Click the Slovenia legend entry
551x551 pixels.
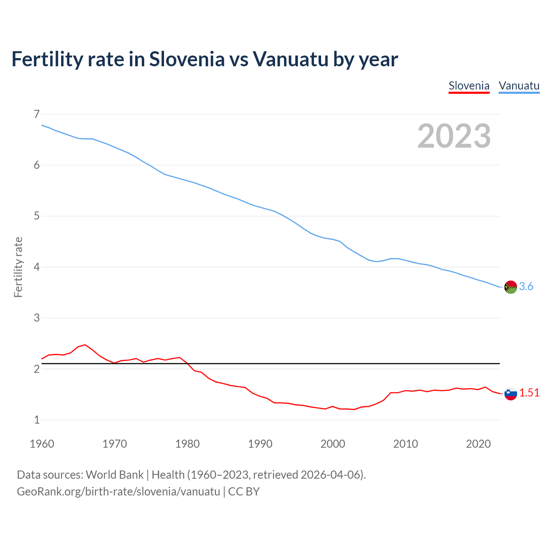[x=469, y=86]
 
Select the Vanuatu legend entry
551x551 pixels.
[x=519, y=86]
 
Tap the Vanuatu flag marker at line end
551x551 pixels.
[x=511, y=287]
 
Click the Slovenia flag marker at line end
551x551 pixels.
[x=511, y=393]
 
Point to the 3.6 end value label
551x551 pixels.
[x=526, y=287]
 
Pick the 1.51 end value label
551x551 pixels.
[x=529, y=393]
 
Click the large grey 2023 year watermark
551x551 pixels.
[x=454, y=136]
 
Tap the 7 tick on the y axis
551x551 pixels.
[x=37, y=114]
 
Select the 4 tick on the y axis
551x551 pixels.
[x=37, y=267]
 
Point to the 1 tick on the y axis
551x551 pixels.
[x=37, y=420]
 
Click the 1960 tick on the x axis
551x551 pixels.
[x=42, y=444]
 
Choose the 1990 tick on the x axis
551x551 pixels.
[x=260, y=444]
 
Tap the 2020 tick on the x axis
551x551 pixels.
[x=478, y=444]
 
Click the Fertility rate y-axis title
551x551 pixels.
[x=18, y=267]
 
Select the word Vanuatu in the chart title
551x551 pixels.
[x=291, y=59]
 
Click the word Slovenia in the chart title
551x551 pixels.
[x=187, y=59]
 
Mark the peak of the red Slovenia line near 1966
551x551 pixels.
[x=85, y=345]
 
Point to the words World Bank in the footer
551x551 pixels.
[x=115, y=475]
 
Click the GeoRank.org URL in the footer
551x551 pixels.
[x=118, y=492]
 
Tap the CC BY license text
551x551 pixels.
[x=244, y=492]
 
